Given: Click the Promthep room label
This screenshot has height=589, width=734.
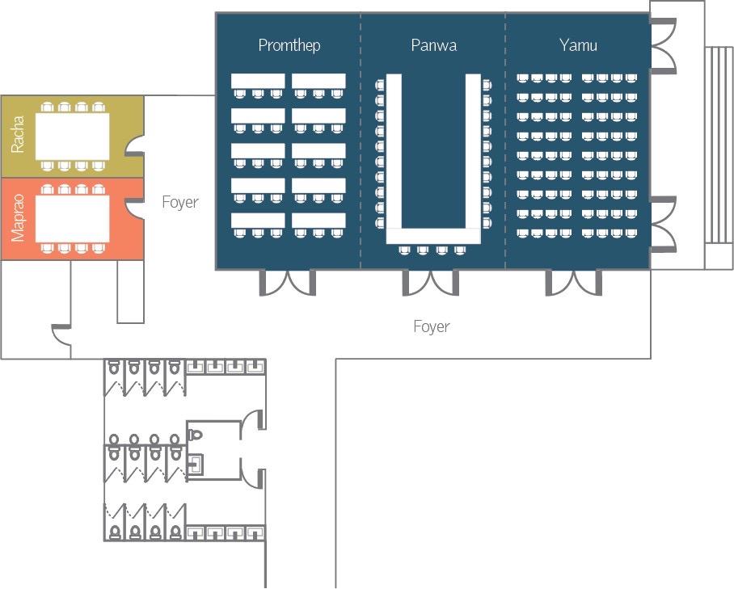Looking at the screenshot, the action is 289,45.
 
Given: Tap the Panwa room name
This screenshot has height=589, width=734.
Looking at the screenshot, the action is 433,45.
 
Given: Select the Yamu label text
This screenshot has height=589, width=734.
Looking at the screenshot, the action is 578,45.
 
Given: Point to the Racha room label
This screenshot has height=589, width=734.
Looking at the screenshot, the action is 18,135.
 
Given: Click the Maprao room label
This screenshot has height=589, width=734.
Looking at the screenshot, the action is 18,219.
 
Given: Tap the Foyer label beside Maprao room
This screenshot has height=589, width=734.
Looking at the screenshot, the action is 179,202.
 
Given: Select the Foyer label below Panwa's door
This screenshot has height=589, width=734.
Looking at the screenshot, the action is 431,326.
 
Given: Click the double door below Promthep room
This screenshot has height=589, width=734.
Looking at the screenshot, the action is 287,282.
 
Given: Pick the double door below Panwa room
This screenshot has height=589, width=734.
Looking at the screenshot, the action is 431,282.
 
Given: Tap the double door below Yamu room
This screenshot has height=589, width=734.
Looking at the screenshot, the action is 573,282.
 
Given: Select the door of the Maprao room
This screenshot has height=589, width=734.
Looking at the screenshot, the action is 136,208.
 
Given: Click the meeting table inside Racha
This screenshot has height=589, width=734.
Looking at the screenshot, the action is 73,136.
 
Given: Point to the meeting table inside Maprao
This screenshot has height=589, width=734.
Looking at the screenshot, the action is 73,218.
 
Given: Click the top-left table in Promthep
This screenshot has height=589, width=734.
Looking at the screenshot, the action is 258,81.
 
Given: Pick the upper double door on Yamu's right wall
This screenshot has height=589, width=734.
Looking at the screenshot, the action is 663,45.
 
